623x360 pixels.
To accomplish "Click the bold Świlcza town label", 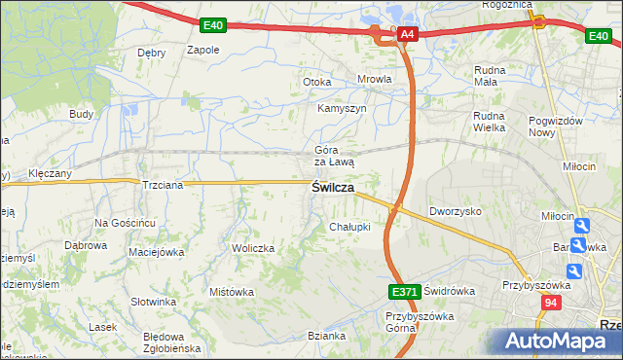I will pos(332,187).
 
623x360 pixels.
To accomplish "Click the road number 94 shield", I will pos(550,304).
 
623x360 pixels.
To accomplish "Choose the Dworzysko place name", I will pos(456,210).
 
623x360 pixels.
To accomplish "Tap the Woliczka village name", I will pos(253,248).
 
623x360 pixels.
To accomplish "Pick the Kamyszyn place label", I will pos(342,108).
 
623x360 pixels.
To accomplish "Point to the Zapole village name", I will pos(202,50).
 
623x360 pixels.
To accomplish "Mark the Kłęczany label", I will pos(51,172).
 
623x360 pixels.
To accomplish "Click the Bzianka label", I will pos(326,336).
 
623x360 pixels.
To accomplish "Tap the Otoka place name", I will pos(317,82).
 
